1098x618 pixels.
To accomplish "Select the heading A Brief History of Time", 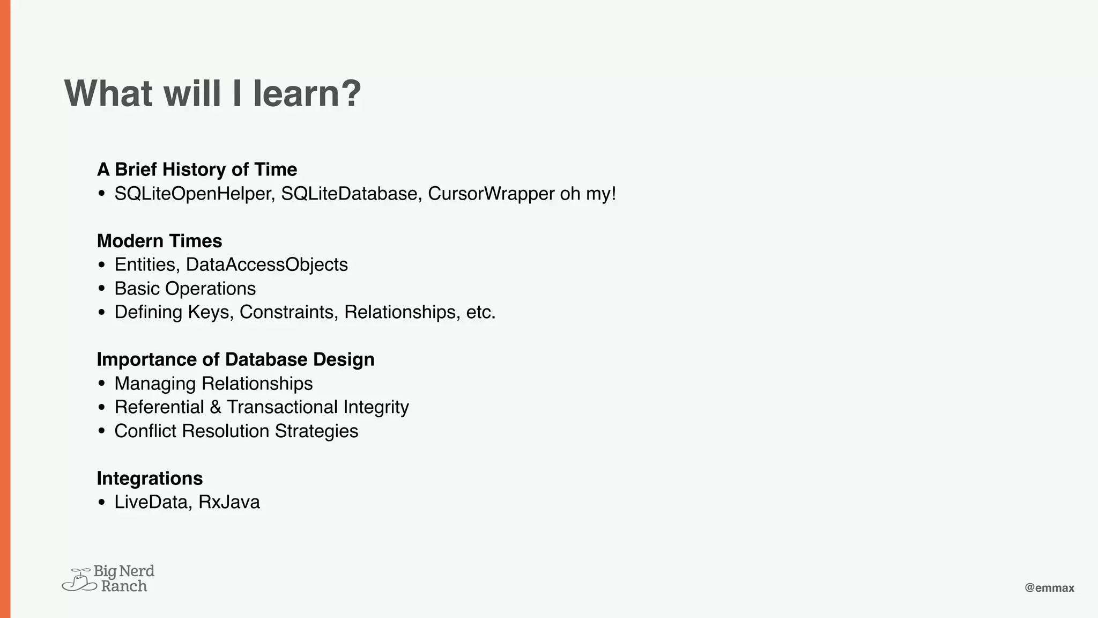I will coord(197,170).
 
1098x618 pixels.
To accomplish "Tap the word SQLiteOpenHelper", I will coord(195,194).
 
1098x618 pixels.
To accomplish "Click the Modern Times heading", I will coord(159,241).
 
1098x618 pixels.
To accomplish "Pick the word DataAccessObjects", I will coord(266,264).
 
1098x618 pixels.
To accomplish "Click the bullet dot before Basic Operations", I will coord(102,289).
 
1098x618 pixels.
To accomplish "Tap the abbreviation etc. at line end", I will coord(480,312).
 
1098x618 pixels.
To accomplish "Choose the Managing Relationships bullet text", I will coord(213,384).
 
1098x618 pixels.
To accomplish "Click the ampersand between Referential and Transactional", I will coord(216,407).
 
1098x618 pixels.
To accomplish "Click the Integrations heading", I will coord(150,478).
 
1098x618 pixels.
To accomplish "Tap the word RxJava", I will coord(229,502).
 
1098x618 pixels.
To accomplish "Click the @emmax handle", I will coord(1049,588).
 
